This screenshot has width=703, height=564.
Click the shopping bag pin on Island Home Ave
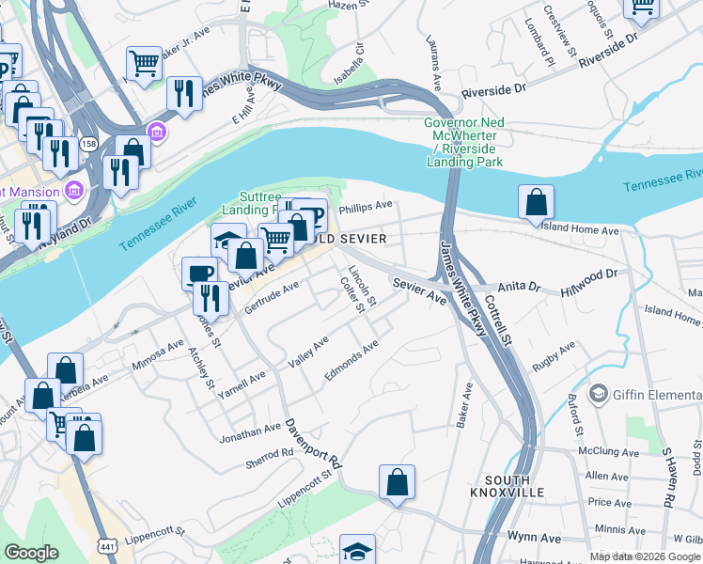tap(535, 202)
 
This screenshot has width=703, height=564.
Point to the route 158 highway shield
tap(89, 144)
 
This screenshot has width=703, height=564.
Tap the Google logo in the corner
tap(32, 553)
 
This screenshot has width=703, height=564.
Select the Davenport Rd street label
tap(313, 444)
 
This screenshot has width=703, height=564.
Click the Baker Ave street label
tap(462, 405)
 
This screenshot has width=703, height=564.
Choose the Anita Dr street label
tap(521, 286)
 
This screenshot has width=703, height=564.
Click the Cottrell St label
tap(497, 321)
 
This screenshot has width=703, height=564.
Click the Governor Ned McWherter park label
tap(462, 142)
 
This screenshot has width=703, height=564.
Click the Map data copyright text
tap(644, 556)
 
